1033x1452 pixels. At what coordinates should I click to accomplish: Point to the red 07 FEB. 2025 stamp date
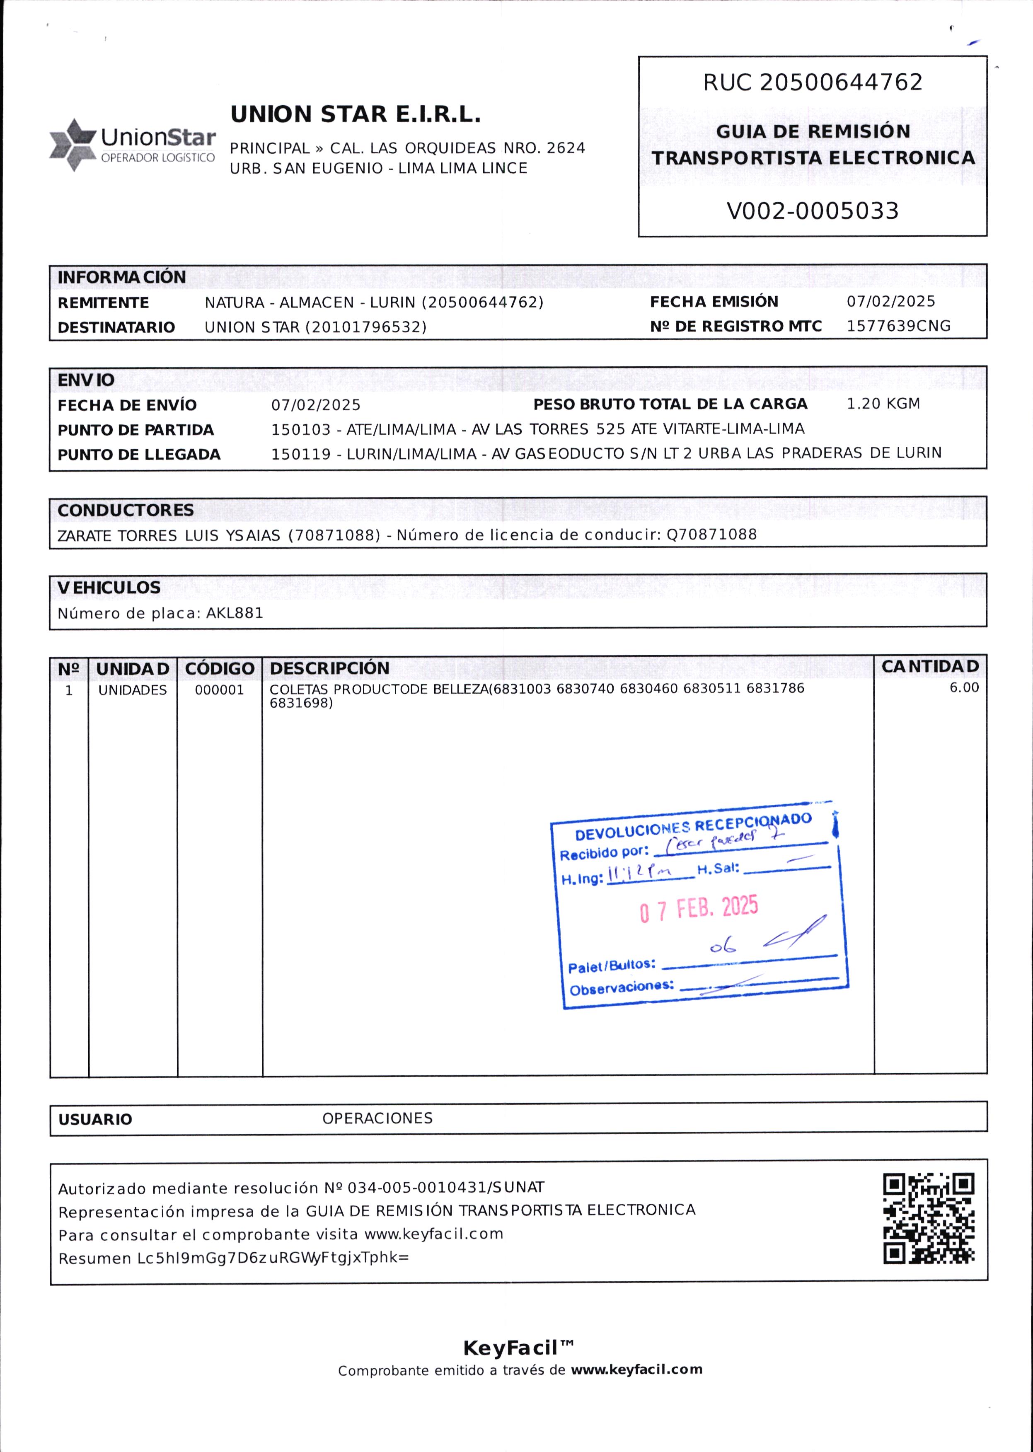coord(699,909)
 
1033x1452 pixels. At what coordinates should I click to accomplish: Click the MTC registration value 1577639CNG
coord(898,326)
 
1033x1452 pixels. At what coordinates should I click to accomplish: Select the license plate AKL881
coord(234,613)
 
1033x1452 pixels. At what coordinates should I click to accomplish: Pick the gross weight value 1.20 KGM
coord(883,404)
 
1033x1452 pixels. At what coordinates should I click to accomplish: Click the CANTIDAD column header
coord(930,666)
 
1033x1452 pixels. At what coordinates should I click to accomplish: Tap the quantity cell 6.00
coord(964,687)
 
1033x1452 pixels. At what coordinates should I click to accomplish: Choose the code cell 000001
coord(219,690)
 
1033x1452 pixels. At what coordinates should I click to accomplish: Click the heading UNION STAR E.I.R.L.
coord(355,114)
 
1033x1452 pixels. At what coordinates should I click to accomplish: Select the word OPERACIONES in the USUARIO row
coord(377,1118)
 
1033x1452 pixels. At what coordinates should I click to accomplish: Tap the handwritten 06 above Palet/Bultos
coord(723,947)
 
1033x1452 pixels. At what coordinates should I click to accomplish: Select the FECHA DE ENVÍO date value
coord(315,405)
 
